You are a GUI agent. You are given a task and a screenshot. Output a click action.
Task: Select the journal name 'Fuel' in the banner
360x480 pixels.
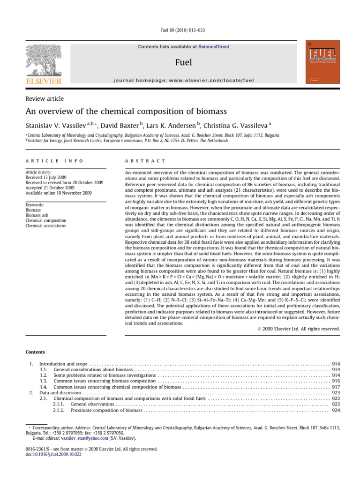tap(183, 62)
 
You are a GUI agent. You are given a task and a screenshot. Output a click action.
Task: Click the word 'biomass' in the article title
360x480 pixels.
tap(210, 112)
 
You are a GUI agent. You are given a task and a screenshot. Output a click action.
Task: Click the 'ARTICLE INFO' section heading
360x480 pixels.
tap(54, 161)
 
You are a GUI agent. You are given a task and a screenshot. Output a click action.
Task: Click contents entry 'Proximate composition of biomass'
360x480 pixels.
tap(106, 410)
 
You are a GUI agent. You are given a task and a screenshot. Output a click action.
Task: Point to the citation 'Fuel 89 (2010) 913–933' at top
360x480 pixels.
tap(180, 30)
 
